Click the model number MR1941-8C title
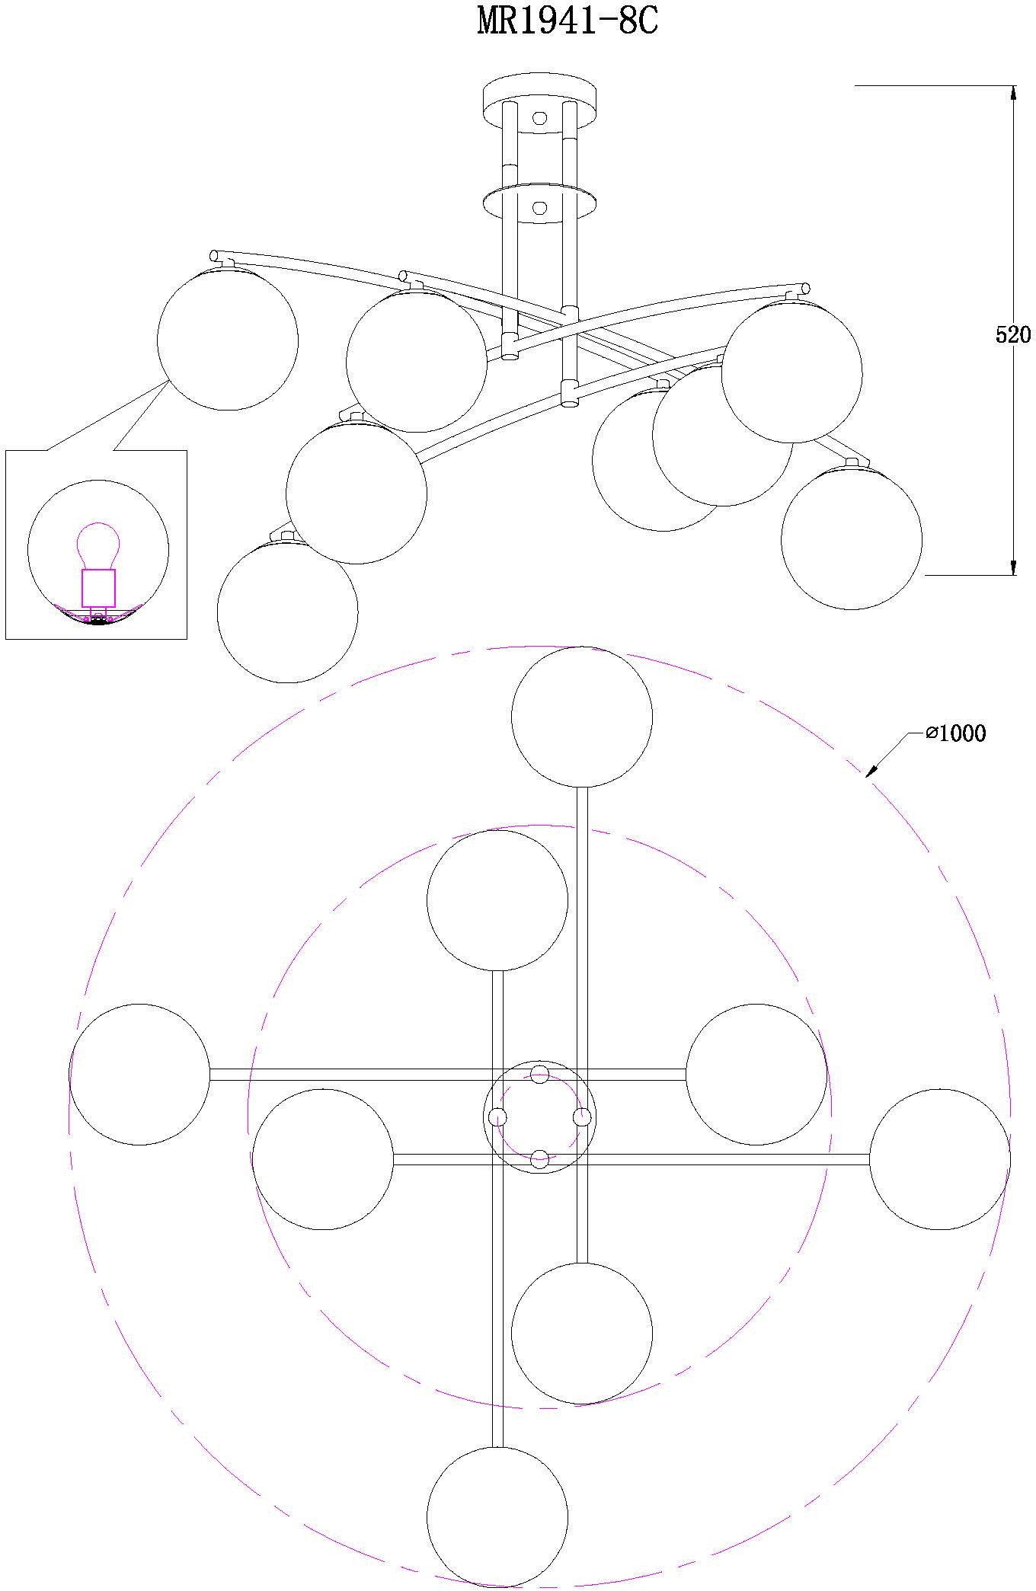[x=567, y=22]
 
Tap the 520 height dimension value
[x=1013, y=334]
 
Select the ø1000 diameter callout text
[x=956, y=733]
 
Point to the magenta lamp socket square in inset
[x=98, y=588]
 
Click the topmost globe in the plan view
[x=582, y=717]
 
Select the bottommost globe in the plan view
[x=497, y=1517]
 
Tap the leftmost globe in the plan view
[x=139, y=1075]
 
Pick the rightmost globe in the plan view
[x=940, y=1159]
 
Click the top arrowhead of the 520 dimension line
[x=1013, y=93]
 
